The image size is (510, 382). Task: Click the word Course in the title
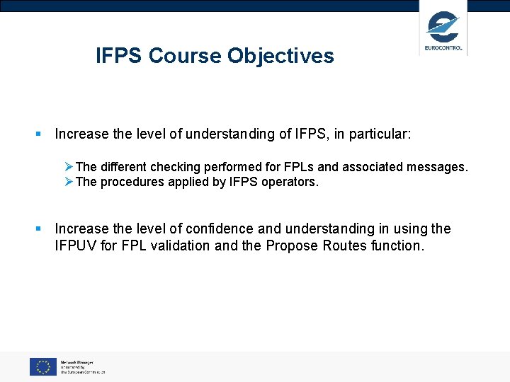pyautogui.click(x=186, y=56)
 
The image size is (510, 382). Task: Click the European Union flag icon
pyautogui.click(x=42, y=366)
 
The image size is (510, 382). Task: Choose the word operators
pyautogui.click(x=291, y=182)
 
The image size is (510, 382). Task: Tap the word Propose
pyautogui.click(x=291, y=245)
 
